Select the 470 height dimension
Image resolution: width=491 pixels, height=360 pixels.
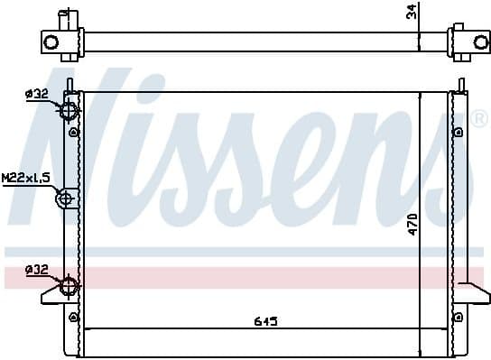coord(411,223)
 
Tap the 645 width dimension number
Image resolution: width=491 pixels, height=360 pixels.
coord(265,321)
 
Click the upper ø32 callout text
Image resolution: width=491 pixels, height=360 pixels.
coord(37,93)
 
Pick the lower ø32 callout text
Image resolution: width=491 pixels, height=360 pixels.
coord(37,269)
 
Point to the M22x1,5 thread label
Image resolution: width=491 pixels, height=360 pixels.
coord(25,180)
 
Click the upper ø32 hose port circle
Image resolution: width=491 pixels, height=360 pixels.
coord(68,111)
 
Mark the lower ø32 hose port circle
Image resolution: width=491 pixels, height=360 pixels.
coord(68,287)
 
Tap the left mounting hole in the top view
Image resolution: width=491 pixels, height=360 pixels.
coord(51,42)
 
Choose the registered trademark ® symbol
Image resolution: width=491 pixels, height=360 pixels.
coord(479,120)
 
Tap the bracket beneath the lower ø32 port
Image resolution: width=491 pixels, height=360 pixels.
coord(54,298)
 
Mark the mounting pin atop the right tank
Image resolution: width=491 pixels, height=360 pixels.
coord(461,84)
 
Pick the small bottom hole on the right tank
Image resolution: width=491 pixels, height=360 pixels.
coord(459,315)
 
